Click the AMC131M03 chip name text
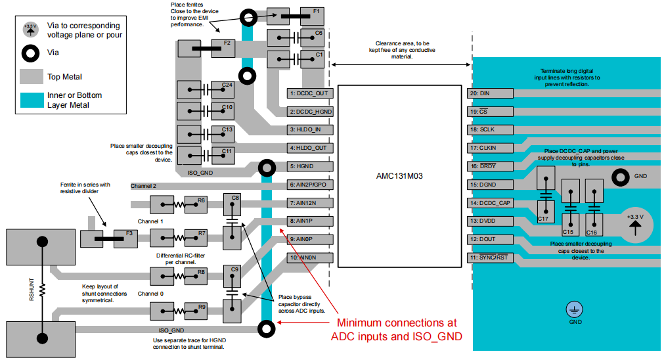[398, 175]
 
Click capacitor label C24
[227, 85]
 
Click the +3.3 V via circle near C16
[635, 222]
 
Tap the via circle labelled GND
[619, 177]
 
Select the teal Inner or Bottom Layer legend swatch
[31, 100]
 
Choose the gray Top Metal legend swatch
[31, 77]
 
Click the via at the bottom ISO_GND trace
[267, 328]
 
